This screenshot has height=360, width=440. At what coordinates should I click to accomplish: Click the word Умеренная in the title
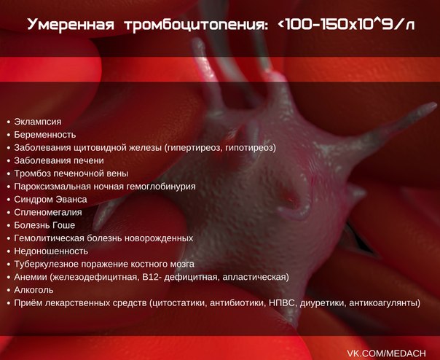pyautogui.click(x=71, y=25)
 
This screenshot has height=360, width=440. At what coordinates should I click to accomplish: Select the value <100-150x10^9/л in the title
pyautogui.click(x=346, y=25)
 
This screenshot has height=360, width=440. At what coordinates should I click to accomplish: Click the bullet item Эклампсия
pyautogui.click(x=38, y=122)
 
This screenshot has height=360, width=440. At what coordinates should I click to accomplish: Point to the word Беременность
pyautogui.click(x=45, y=135)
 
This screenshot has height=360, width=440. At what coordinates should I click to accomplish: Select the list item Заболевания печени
pyautogui.click(x=59, y=160)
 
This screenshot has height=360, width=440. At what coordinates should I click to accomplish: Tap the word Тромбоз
pyautogui.click(x=32, y=173)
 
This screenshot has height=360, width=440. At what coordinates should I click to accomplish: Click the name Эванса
pyautogui.click(x=71, y=200)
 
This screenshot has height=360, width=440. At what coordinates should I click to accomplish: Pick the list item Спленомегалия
pyautogui.click(x=48, y=213)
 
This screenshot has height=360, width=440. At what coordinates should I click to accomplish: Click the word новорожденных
pyautogui.click(x=159, y=238)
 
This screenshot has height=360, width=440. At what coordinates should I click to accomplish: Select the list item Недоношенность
pyautogui.click(x=51, y=251)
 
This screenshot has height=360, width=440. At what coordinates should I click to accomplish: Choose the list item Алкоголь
pyautogui.click(x=34, y=290)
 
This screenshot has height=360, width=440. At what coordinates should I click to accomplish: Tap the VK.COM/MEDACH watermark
pyautogui.click(x=386, y=353)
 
